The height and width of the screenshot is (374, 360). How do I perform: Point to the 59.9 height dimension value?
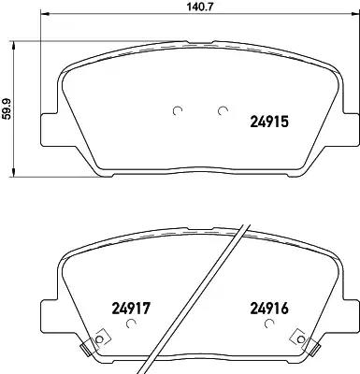[x=7, y=108]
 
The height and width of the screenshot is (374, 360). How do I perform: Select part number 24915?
[x=269, y=122]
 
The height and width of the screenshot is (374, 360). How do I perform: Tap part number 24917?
[x=131, y=309]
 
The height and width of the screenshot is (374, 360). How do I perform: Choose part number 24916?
[x=269, y=309]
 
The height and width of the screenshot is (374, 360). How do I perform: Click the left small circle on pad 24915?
[x=178, y=110]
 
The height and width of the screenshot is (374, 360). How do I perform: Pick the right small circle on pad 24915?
[x=223, y=110]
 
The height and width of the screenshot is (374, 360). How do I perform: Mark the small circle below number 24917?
[x=131, y=324]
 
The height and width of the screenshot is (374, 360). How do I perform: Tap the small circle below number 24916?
[x=268, y=324]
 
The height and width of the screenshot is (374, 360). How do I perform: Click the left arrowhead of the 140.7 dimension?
[x=45, y=14]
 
